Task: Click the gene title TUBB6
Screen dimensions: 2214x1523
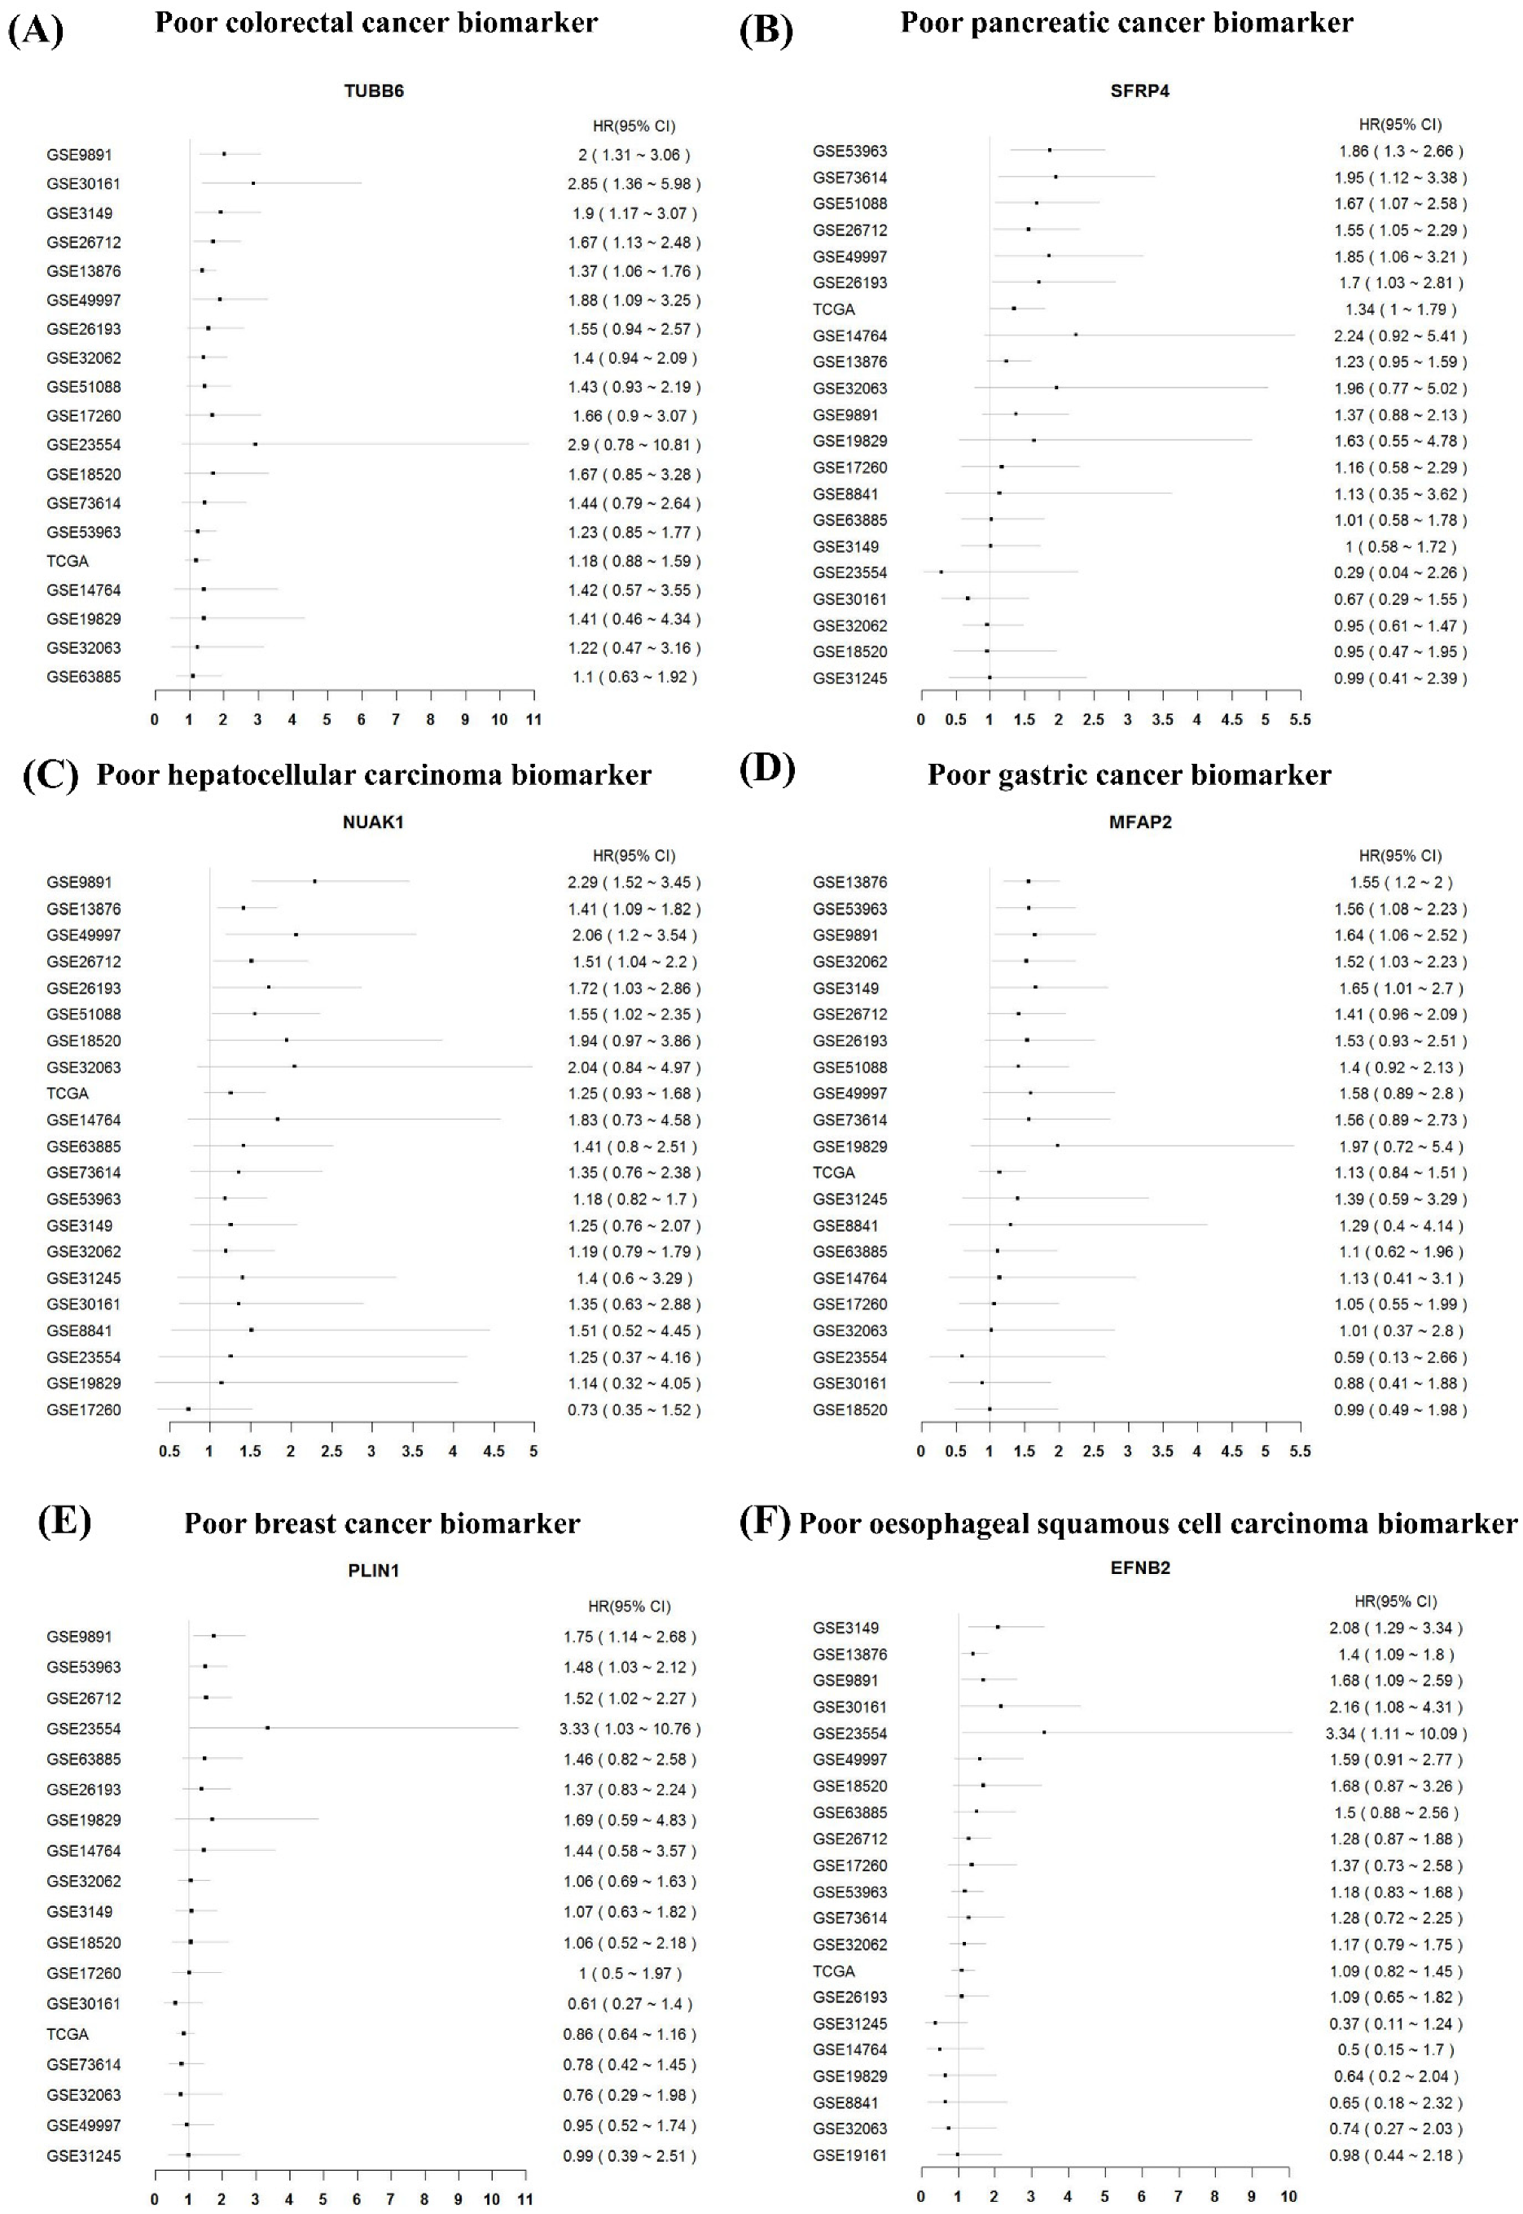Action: [373, 91]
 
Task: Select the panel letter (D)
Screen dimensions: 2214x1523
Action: [767, 769]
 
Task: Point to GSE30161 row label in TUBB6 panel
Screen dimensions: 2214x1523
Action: [83, 183]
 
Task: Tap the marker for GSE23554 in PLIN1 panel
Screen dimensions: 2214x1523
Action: [267, 1728]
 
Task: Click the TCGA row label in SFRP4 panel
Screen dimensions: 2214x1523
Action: [833, 309]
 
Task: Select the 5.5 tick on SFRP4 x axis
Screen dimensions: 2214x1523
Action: [1300, 719]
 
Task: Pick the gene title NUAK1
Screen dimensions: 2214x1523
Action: [373, 822]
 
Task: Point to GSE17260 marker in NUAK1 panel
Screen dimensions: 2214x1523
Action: [188, 1409]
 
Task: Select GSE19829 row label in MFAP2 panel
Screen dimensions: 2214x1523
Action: [849, 1146]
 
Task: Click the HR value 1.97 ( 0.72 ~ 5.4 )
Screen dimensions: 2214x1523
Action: [1400, 1146]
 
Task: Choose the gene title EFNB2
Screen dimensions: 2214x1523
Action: [1139, 1567]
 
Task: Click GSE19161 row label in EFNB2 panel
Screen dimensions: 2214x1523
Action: [849, 2155]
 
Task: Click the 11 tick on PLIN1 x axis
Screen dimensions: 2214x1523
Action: [524, 2199]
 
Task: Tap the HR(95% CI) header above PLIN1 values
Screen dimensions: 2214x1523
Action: [630, 1607]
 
